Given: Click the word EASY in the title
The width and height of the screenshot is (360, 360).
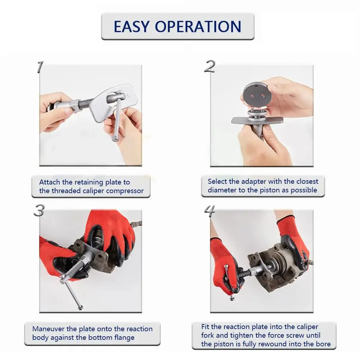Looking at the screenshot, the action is pyautogui.click(x=132, y=27).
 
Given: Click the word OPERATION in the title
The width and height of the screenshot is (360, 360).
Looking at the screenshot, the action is pyautogui.click(x=198, y=27).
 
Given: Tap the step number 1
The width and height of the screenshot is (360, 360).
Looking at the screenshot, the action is pyautogui.click(x=40, y=67).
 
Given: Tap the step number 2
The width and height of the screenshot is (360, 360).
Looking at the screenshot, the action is pyautogui.click(x=210, y=66).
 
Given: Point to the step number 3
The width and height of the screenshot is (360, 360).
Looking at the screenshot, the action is pyautogui.click(x=39, y=210).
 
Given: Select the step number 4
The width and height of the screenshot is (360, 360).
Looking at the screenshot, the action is pyautogui.click(x=210, y=211).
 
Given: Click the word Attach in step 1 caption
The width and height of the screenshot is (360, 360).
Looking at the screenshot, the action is pyautogui.click(x=50, y=182).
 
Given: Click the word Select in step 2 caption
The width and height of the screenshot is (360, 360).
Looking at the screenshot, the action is pyautogui.click(x=218, y=181).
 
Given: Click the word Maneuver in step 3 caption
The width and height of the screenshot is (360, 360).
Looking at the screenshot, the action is pyautogui.click(x=48, y=329).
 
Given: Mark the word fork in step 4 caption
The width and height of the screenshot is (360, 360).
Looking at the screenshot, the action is pyautogui.click(x=208, y=335).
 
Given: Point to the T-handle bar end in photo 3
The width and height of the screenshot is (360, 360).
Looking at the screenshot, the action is pyautogui.click(x=80, y=308).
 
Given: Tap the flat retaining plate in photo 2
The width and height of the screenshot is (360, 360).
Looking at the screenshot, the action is pyautogui.click(x=257, y=120).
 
